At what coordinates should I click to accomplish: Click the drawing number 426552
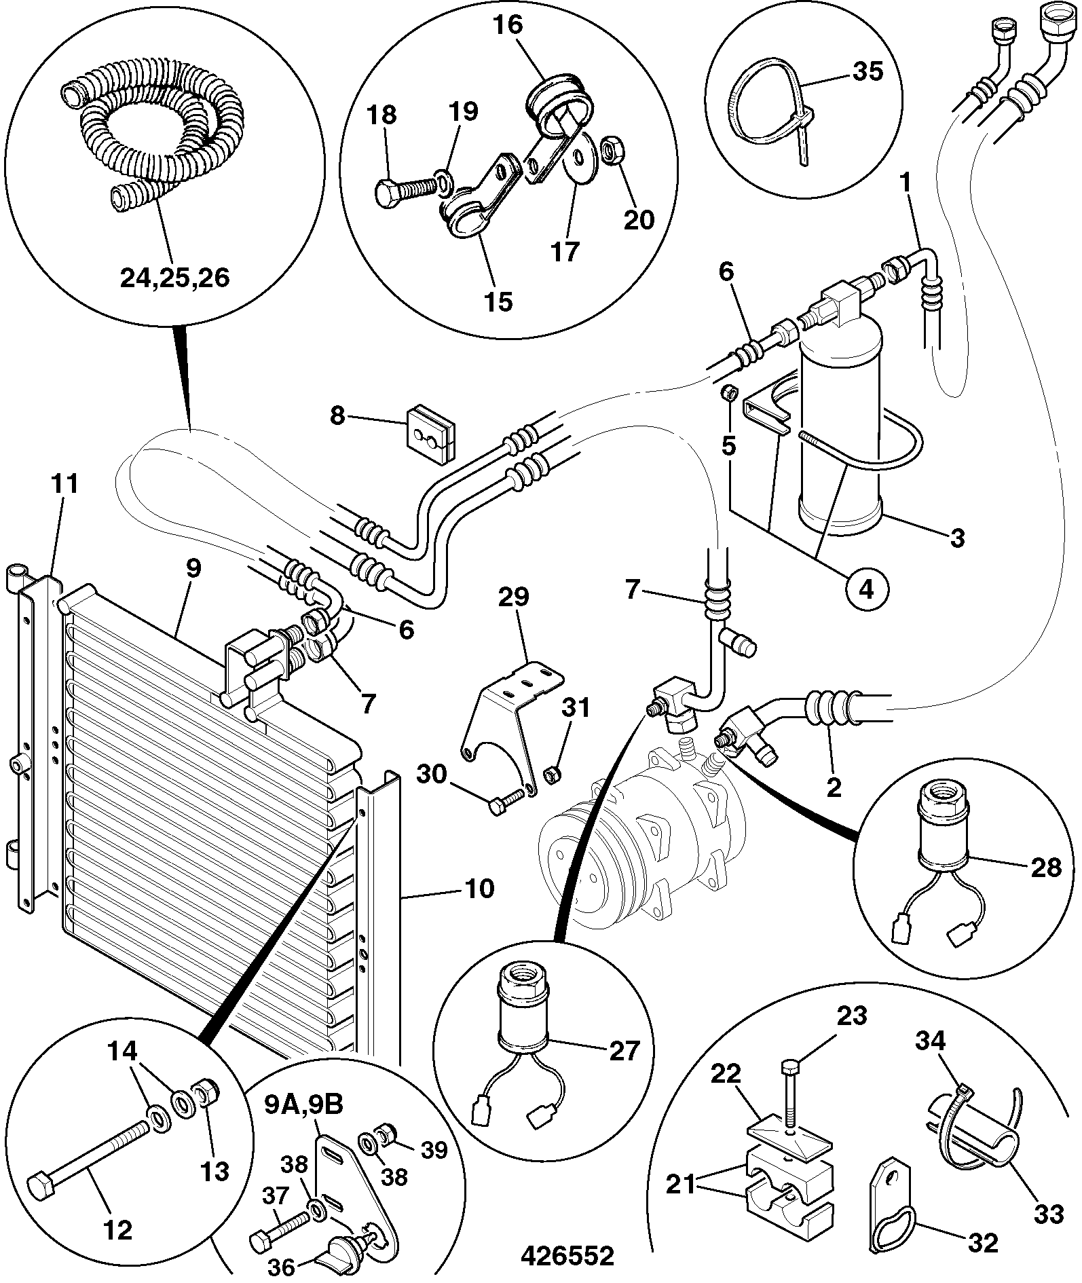point(567,1254)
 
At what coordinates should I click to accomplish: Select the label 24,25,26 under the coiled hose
point(174,277)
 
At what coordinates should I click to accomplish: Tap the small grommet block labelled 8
point(430,433)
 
